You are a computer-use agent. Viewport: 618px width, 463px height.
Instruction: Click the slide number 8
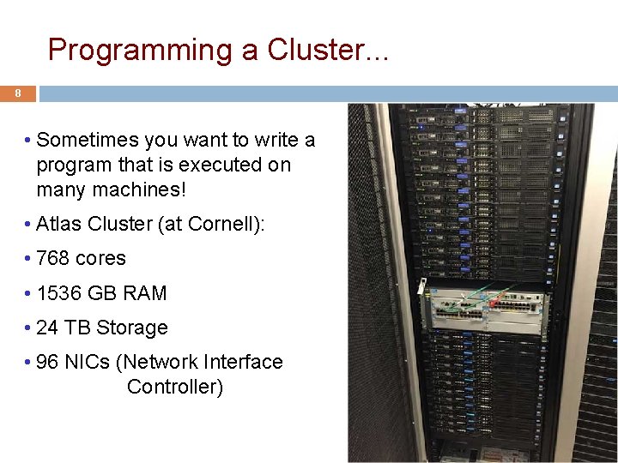click(x=17, y=93)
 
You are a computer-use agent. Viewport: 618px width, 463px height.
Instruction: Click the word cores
click(x=100, y=258)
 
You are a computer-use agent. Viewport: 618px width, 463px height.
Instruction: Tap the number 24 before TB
click(x=47, y=328)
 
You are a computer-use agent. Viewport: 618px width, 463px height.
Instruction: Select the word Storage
click(x=132, y=328)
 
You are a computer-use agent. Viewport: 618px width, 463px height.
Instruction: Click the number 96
click(x=47, y=362)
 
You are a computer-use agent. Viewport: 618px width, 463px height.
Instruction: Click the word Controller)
click(x=175, y=387)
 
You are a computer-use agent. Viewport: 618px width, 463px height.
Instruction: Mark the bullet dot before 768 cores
click(x=28, y=258)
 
